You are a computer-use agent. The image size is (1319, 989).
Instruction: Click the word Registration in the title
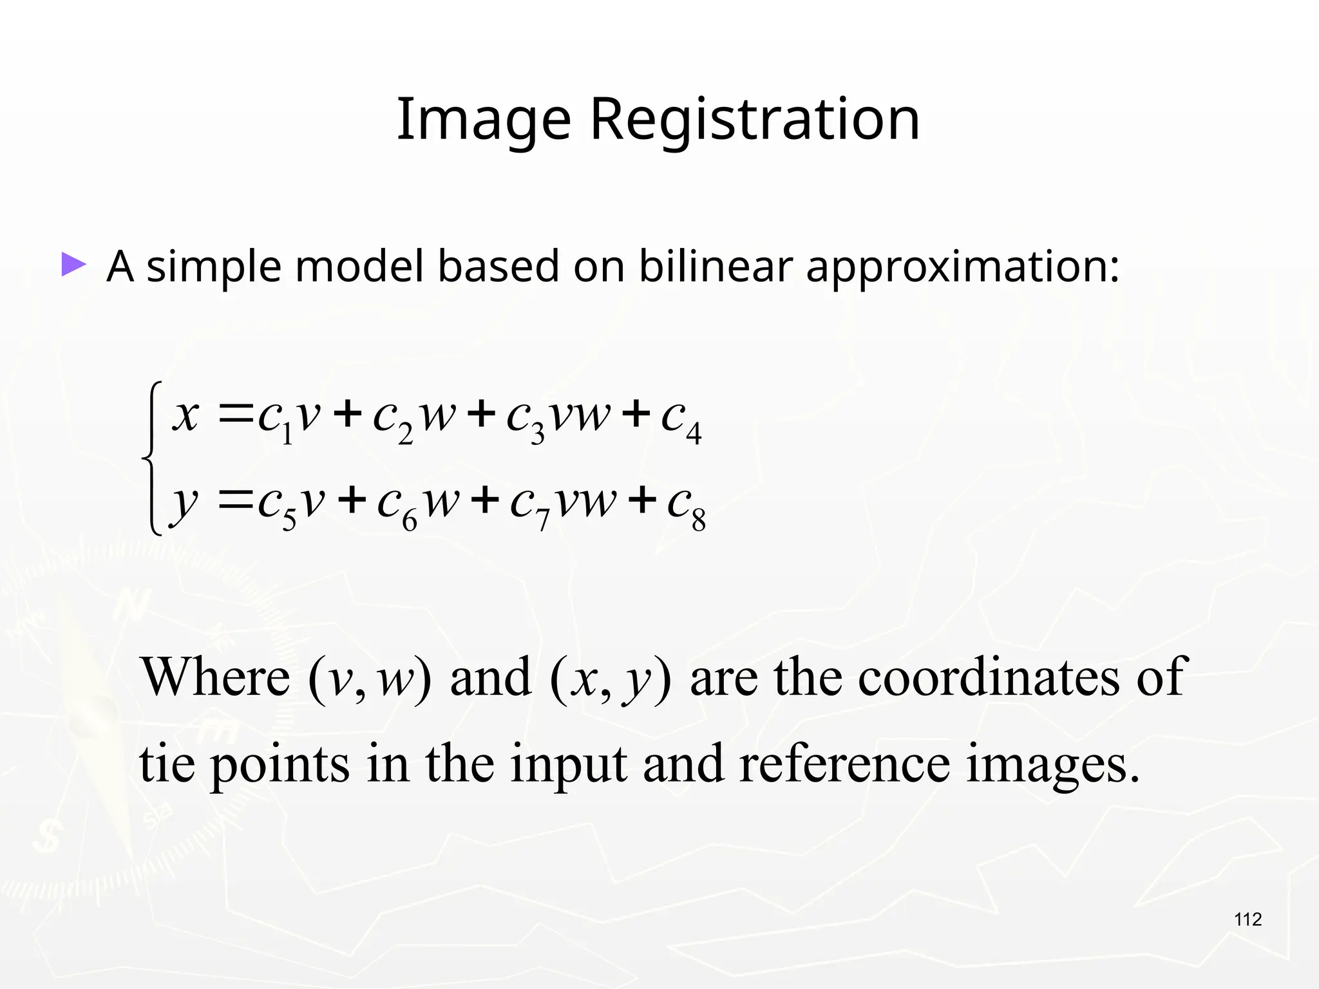(755, 120)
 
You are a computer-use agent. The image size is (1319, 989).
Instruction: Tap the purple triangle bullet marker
(73, 265)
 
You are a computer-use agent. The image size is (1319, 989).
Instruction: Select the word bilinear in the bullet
(715, 266)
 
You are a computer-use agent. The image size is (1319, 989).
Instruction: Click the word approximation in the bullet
(962, 267)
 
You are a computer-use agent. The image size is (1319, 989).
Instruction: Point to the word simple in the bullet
(214, 267)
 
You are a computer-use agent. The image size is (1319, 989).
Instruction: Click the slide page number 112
(1248, 919)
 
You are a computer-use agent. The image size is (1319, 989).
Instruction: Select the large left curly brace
(153, 458)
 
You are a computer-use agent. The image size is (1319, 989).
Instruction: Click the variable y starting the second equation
(185, 502)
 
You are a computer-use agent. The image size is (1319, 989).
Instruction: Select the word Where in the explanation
(216, 677)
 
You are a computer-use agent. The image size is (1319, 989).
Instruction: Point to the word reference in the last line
(844, 764)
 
